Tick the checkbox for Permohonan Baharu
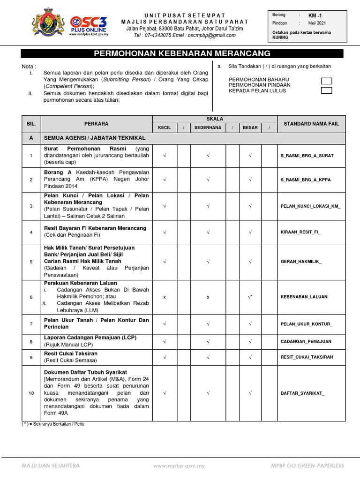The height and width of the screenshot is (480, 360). pos(326,82)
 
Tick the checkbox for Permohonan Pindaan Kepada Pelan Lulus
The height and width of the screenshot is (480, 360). pos(326,90)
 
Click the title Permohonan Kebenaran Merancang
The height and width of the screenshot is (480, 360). pos(182,53)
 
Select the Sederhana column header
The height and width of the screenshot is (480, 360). pos(208,127)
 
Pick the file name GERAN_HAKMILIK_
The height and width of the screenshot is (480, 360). pos(301,262)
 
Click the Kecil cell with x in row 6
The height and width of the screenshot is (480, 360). pos(164,297)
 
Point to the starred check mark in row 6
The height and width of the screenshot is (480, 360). pos(250,297)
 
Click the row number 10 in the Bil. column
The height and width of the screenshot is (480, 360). pos(31,393)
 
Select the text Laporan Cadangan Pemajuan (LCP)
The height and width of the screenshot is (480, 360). pos(90,337)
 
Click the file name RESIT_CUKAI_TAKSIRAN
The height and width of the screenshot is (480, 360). pos(307,357)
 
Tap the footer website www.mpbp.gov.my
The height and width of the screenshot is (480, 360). pos(180,465)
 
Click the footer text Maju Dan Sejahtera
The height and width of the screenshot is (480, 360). pos(51,465)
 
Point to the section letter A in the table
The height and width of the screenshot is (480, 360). pos(31,138)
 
